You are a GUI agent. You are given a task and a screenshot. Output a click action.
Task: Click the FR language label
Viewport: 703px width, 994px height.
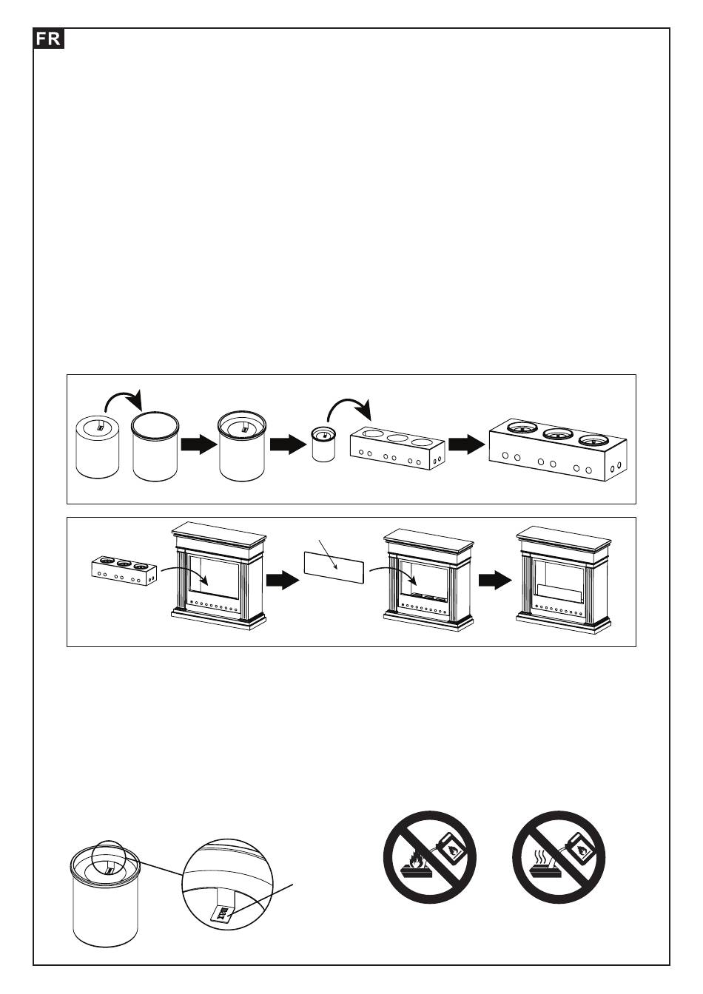coord(49,39)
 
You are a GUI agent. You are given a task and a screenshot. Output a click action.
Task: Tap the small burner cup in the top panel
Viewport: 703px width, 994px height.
coord(322,444)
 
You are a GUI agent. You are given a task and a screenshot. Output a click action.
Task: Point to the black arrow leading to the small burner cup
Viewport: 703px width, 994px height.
coord(289,444)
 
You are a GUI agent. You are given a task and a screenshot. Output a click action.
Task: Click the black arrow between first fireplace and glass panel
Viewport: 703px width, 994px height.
coord(283,581)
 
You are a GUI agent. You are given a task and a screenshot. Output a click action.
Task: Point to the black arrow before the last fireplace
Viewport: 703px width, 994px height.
coord(495,581)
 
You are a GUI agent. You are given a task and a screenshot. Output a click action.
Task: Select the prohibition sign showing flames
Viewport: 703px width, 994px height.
coord(428,857)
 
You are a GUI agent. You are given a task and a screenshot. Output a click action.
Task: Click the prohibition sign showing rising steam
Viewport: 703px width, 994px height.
coord(559,857)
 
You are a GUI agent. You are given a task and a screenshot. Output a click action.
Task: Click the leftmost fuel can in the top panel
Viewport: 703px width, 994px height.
coord(98,447)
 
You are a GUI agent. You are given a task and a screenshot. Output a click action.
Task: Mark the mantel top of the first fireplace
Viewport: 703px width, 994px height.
coord(218,532)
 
